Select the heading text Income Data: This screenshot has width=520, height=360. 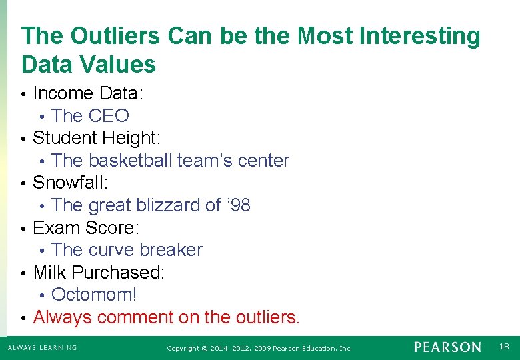(x=89, y=93)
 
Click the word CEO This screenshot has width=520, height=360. (x=109, y=116)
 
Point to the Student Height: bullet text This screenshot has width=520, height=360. (x=96, y=138)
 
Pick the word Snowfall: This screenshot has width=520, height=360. (x=70, y=183)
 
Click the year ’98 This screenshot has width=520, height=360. (x=238, y=205)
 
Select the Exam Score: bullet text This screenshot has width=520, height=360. (x=85, y=228)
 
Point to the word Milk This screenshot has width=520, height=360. (x=50, y=273)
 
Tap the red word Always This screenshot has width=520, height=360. (x=63, y=317)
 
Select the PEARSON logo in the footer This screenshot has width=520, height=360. (x=447, y=347)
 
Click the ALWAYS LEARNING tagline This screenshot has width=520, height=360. (x=42, y=347)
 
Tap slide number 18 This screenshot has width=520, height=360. (x=504, y=347)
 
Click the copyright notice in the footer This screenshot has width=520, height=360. (x=259, y=348)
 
